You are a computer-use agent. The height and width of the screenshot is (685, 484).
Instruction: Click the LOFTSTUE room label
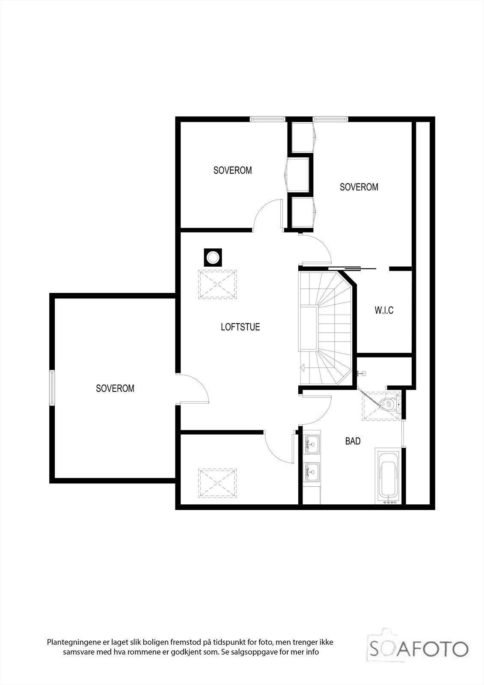(240, 327)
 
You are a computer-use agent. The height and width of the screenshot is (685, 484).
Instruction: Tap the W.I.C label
(384, 310)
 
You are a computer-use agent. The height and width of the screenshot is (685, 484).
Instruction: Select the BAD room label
(353, 441)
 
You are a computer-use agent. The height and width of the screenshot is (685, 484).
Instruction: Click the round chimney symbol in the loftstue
(212, 258)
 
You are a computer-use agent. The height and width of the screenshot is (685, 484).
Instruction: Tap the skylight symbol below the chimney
(217, 284)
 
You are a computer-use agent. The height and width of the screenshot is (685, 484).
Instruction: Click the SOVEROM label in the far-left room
(115, 389)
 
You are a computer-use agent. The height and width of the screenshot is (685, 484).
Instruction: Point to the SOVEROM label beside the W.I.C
(359, 187)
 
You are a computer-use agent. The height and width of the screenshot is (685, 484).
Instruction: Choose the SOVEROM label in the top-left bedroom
(232, 170)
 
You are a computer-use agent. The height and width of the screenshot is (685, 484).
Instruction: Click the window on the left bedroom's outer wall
(52, 387)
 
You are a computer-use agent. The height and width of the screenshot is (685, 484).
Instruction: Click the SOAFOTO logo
(419, 649)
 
